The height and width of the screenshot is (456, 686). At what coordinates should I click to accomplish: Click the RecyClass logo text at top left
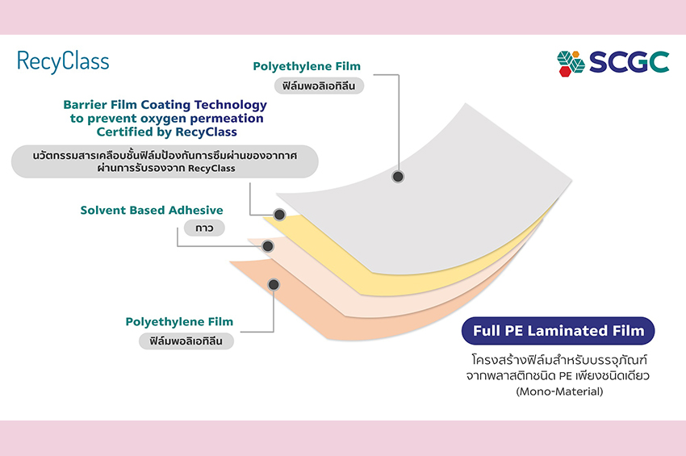(x=62, y=61)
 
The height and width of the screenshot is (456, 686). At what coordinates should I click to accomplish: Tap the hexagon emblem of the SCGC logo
(x=571, y=62)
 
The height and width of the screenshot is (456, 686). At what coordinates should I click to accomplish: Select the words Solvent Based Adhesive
(x=152, y=211)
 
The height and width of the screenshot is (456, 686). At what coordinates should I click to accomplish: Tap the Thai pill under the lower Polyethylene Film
(x=186, y=341)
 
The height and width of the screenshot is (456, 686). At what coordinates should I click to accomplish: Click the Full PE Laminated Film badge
(x=558, y=331)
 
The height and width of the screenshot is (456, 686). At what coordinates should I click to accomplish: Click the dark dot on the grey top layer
(x=398, y=176)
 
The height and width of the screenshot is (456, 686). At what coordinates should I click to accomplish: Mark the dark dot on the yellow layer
(x=279, y=215)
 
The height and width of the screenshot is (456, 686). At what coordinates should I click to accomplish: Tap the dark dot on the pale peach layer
(x=268, y=245)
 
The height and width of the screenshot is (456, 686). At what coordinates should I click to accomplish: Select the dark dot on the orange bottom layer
(x=274, y=284)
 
